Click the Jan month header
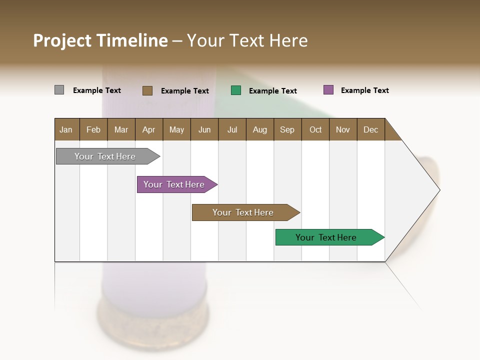point(66,129)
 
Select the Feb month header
point(93,129)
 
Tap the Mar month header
point(121,129)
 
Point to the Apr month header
point(149,129)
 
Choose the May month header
point(176,129)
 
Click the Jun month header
point(204,129)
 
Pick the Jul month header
point(232,129)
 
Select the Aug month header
point(260,129)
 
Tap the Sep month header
point(287,129)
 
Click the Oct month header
point(315,129)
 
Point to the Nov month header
point(343,129)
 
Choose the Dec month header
point(371,129)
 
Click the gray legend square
point(59,90)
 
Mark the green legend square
point(236,90)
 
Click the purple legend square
point(328,90)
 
